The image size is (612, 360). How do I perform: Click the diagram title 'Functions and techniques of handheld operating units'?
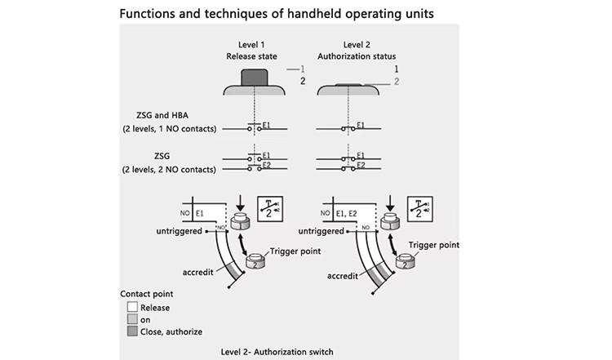click(x=277, y=14)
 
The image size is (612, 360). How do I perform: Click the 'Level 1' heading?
click(x=251, y=45)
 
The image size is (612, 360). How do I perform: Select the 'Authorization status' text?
click(x=357, y=56)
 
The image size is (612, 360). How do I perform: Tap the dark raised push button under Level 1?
click(x=255, y=78)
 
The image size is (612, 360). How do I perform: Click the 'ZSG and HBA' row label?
click(x=162, y=115)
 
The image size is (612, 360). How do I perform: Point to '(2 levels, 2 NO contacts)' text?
click(x=169, y=170)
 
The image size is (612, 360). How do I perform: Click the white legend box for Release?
click(x=132, y=306)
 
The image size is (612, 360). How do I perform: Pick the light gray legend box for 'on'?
click(x=132, y=319)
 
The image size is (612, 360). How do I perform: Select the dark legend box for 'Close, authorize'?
click(x=132, y=331)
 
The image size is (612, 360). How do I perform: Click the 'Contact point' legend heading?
click(x=146, y=294)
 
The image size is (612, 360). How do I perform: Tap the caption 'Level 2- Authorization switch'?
click(x=277, y=352)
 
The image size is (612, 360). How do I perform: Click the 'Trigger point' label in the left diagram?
click(x=295, y=251)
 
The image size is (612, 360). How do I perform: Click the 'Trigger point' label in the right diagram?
click(x=433, y=245)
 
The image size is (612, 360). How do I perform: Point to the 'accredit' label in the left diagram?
click(x=198, y=272)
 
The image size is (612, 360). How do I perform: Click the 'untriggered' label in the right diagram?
click(x=321, y=231)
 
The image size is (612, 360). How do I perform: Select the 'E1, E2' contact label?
click(x=347, y=214)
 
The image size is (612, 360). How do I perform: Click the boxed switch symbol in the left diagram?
click(x=270, y=209)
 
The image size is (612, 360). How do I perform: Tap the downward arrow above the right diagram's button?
click(x=390, y=203)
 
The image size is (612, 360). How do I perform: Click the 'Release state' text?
click(x=251, y=56)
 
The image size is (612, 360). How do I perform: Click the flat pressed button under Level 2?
click(x=348, y=84)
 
